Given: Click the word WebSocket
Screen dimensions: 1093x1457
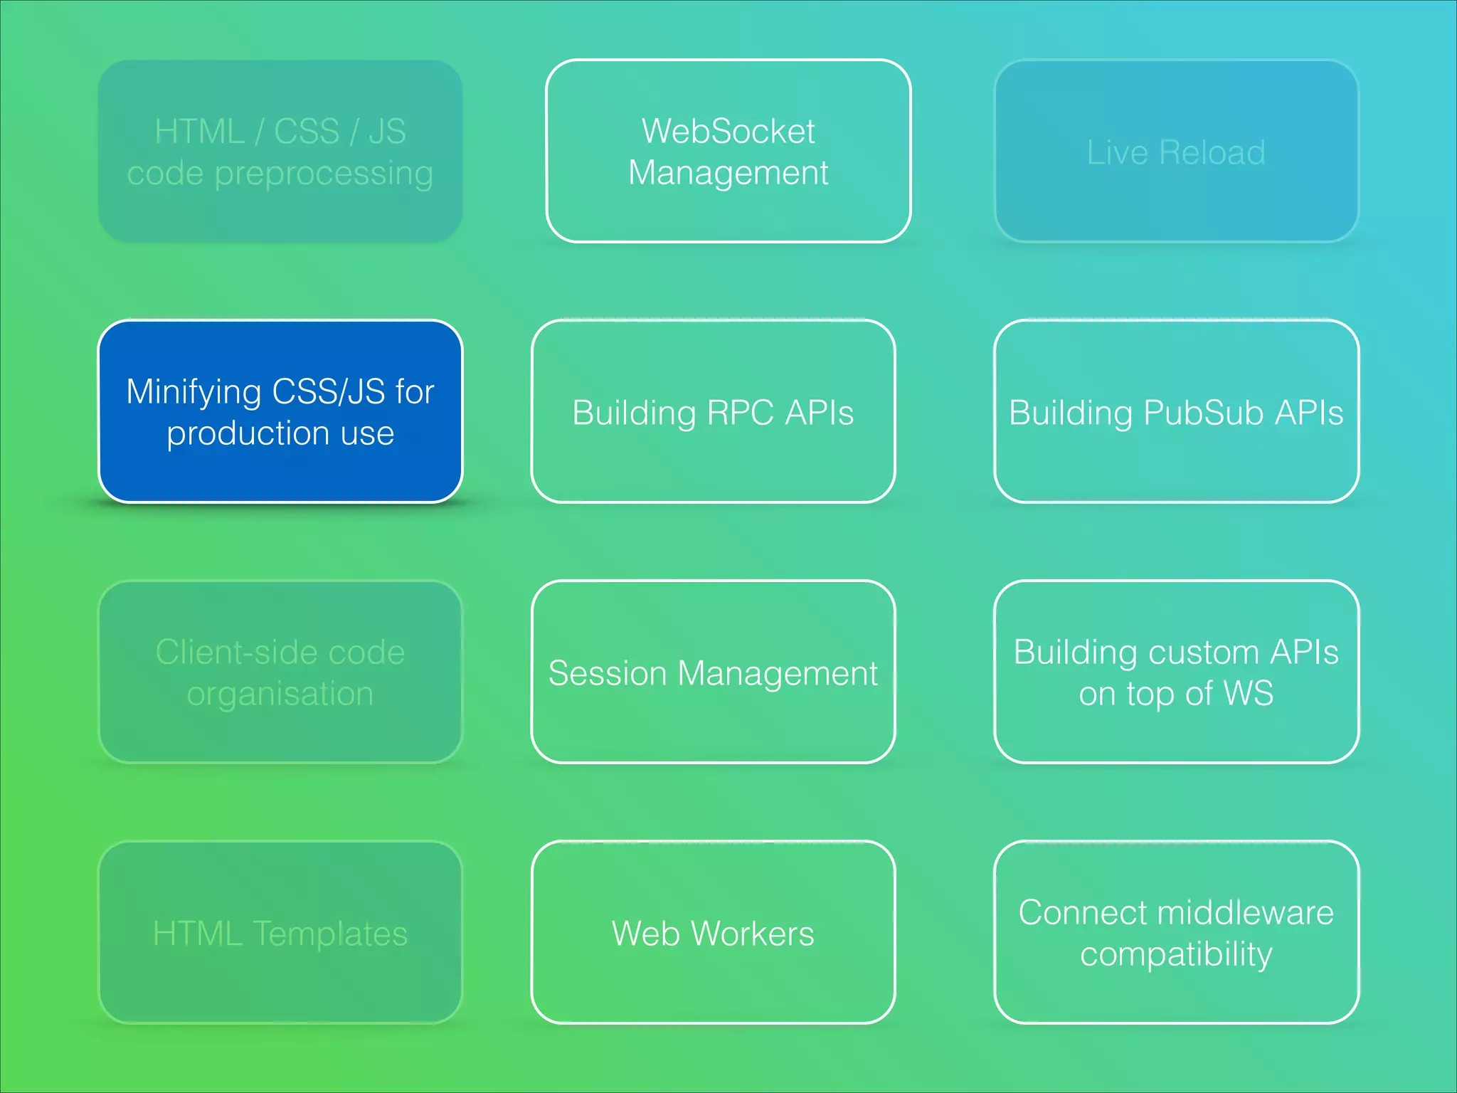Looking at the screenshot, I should click(728, 132).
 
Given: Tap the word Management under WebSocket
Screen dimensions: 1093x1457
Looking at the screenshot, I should click(728, 173).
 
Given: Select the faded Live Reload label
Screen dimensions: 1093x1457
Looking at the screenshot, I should click(1176, 152).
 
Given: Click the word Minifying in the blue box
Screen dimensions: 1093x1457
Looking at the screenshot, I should click(194, 393).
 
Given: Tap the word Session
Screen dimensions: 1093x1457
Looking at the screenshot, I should click(608, 673).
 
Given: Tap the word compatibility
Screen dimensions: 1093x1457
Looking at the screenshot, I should click(1176, 955).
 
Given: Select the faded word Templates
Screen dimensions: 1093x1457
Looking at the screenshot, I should click(330, 934).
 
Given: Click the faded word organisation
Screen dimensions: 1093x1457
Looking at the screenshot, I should click(280, 694).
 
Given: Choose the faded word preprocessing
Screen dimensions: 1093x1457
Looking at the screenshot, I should click(324, 174).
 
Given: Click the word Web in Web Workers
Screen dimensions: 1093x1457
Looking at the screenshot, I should click(645, 934).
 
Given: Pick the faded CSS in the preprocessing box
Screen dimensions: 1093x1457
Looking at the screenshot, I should click(307, 132).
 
